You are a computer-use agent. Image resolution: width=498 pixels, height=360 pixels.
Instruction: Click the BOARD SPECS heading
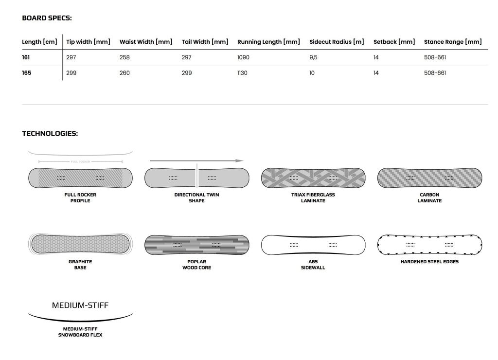(47, 18)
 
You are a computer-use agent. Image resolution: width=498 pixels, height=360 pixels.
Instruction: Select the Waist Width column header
(146, 42)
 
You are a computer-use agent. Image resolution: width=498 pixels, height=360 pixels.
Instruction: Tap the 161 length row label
(26, 57)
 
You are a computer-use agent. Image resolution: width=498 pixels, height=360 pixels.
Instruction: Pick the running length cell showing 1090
(243, 57)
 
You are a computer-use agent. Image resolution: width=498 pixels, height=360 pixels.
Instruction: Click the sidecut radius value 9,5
(314, 57)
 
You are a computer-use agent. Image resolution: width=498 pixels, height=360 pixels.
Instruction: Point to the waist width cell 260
(124, 73)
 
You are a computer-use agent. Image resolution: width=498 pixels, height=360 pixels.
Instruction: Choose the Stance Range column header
(453, 42)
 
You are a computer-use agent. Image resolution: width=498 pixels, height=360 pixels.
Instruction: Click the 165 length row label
(27, 73)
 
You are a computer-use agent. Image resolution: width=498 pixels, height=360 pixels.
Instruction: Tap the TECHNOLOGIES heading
(50, 133)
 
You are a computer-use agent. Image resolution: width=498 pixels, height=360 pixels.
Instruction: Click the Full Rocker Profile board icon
(80, 178)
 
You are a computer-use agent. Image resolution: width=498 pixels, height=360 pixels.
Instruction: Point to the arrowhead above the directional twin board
(240, 161)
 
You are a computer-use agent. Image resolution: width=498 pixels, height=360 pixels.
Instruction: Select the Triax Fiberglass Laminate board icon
(313, 178)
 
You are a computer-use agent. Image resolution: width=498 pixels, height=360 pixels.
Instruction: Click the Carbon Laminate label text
(429, 198)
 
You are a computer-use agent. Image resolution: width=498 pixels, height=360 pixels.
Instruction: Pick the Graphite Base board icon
(80, 244)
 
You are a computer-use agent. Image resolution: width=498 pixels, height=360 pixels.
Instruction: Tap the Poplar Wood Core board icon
(196, 245)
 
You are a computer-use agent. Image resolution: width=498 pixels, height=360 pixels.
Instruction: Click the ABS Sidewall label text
(313, 265)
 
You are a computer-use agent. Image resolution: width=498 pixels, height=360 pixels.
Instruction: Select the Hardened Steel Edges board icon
(429, 245)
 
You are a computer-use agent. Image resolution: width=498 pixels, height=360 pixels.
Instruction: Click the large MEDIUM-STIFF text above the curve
(80, 306)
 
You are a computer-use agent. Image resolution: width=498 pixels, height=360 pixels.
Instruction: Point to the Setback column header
(394, 42)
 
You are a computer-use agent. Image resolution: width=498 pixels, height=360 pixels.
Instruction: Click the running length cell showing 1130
(242, 73)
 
